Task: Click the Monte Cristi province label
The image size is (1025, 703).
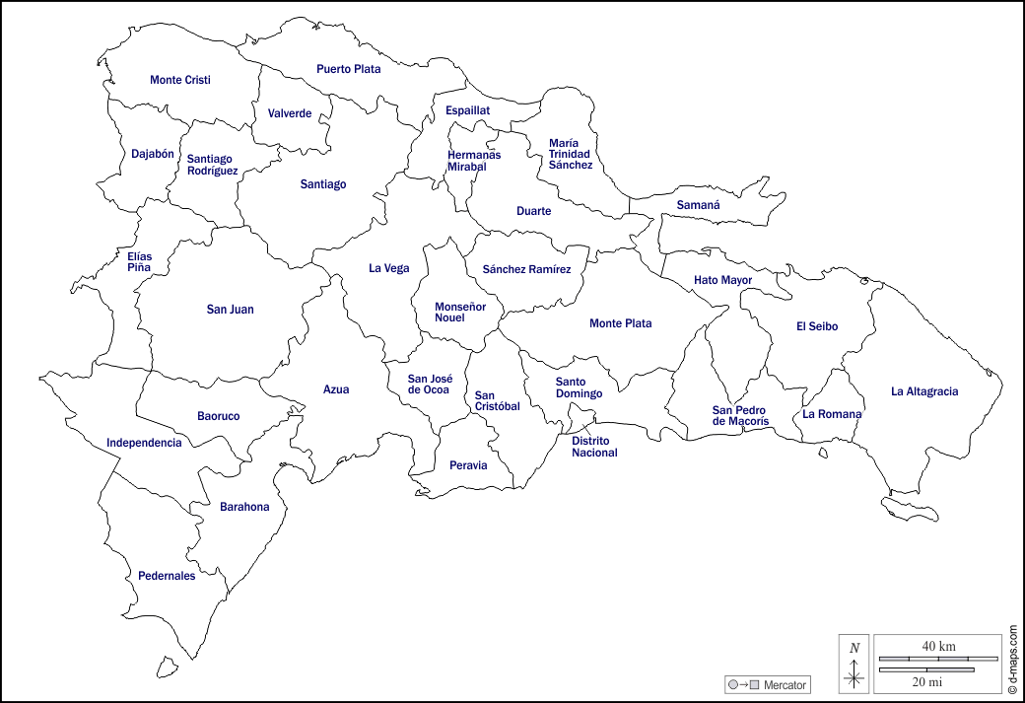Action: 180,80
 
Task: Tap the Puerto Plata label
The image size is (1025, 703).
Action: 348,69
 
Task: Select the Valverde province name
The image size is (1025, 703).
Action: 290,113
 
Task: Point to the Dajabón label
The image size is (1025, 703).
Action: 153,154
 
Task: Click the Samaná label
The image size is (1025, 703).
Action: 698,205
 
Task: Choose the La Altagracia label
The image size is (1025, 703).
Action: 924,391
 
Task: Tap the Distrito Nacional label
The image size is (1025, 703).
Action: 594,447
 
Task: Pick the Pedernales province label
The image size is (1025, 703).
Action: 167,576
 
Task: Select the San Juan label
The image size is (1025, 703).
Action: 230,310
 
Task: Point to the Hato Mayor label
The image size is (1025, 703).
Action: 722,280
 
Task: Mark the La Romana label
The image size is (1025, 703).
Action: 832,414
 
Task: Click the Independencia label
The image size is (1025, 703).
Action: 144,443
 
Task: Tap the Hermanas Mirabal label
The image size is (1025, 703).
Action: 474,161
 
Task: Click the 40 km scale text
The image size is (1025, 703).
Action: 938,646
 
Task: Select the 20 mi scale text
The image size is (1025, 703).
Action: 926,681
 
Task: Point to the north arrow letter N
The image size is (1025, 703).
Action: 854,648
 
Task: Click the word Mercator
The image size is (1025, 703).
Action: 785,685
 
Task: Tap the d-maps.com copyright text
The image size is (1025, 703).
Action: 1013,656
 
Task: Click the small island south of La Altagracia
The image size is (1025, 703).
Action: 910,509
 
